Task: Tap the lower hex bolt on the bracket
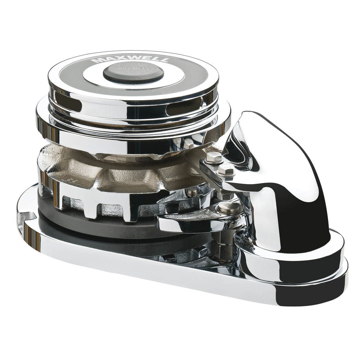(x=226, y=169)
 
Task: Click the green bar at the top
(x=180, y=21)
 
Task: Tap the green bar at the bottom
(x=180, y=339)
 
